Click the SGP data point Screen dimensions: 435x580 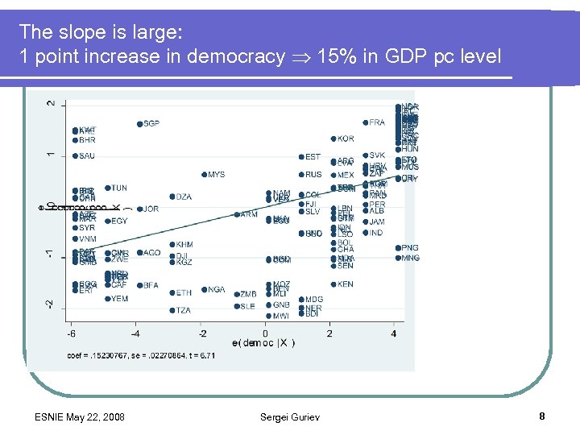(139, 124)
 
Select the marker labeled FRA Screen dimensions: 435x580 (365, 123)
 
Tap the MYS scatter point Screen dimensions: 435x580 (204, 175)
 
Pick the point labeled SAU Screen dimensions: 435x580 (75, 156)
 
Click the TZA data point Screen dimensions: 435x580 (172, 310)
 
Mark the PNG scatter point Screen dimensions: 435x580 (398, 248)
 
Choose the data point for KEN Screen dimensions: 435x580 (333, 284)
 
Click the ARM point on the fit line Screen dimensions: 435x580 (237, 214)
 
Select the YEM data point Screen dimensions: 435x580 (107, 299)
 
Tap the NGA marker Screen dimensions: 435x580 (204, 290)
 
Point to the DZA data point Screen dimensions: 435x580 (172, 197)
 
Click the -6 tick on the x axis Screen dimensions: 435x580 (72, 333)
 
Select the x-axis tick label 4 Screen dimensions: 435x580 (394, 333)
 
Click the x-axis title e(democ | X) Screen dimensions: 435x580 (263, 344)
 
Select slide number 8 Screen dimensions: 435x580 (542, 416)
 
